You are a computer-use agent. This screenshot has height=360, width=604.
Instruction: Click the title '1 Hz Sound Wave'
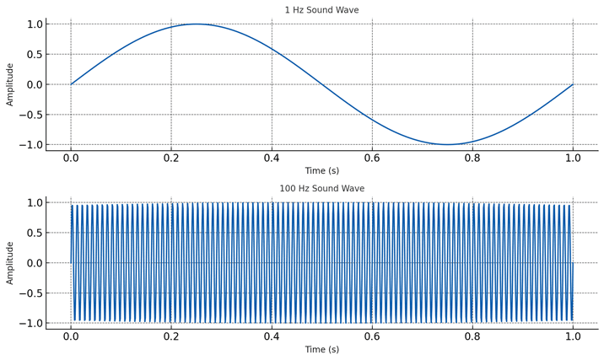321,10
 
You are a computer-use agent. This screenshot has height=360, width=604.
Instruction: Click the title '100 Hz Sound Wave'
321,189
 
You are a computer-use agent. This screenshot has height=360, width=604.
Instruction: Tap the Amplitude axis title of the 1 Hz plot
10,84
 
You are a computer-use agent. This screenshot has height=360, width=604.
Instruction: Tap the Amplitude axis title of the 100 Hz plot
10,263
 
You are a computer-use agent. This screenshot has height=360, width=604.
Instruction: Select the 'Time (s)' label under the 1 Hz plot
321,170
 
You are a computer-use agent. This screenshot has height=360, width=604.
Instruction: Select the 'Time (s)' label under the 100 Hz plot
321,349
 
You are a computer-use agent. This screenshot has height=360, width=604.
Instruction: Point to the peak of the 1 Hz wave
197,24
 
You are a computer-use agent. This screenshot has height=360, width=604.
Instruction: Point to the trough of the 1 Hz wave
447,145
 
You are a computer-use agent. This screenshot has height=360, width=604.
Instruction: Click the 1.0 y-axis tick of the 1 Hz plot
33,24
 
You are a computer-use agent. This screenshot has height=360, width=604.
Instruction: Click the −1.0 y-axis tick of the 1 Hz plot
30,145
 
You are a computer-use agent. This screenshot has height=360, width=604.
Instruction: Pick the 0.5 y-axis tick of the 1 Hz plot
33,54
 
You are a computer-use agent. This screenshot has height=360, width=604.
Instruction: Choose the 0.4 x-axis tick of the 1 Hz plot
272,158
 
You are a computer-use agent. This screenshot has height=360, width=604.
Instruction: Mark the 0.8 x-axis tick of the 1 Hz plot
472,158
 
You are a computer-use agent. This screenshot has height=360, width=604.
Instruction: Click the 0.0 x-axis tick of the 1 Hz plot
71,158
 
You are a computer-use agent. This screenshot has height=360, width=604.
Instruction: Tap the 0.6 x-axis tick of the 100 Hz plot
372,336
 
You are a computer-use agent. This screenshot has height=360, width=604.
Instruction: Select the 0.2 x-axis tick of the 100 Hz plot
171,336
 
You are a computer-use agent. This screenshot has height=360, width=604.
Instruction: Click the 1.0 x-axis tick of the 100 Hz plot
573,336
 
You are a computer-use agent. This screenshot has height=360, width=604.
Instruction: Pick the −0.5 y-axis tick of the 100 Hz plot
30,293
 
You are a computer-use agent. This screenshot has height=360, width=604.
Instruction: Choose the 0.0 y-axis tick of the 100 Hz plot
33,263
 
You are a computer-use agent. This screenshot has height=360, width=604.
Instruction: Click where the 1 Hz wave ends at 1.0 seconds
573,84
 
